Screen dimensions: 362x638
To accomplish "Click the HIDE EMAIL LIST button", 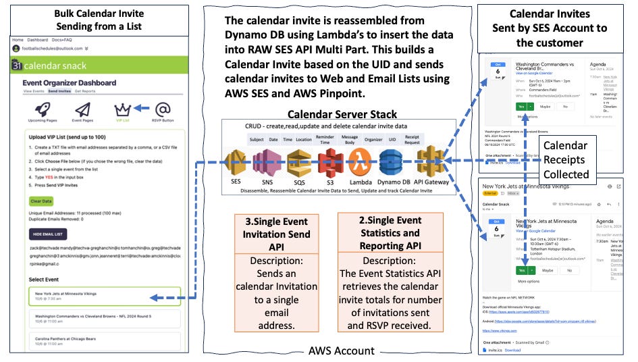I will pos(49,233).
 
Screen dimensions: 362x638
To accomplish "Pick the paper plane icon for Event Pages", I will pos(83,109).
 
